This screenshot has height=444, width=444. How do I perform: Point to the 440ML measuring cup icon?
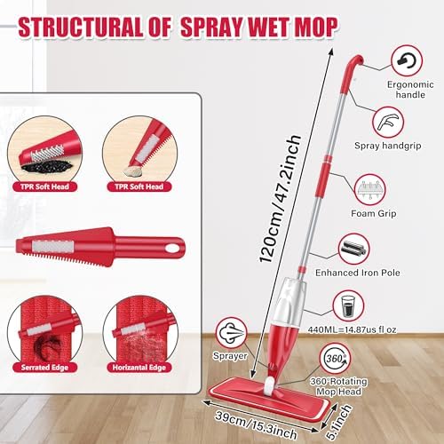[x=349, y=308]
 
